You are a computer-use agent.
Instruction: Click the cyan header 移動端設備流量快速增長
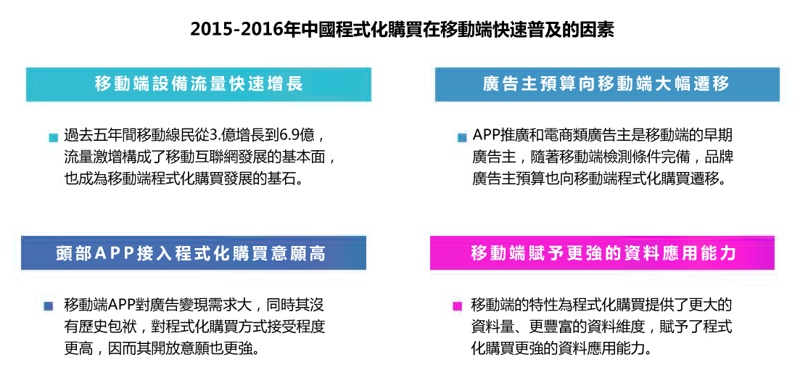(x=199, y=84)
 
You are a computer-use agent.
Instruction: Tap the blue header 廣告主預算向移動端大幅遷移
(x=607, y=84)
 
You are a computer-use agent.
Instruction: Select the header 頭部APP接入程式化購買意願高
(x=194, y=253)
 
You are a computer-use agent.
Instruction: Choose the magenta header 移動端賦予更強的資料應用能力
(x=603, y=253)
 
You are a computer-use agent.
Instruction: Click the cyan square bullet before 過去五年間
(x=53, y=138)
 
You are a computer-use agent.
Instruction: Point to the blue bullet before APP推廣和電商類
(x=462, y=138)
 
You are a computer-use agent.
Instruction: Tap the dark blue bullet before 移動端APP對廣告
(x=49, y=306)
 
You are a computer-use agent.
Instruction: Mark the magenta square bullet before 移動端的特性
(x=456, y=306)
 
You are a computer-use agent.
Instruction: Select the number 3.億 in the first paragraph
(x=223, y=136)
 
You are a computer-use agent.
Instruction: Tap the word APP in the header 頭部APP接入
(x=115, y=253)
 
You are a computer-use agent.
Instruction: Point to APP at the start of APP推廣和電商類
(x=486, y=136)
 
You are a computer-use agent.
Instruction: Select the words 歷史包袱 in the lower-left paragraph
(x=107, y=327)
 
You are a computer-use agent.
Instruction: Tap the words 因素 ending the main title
(x=599, y=30)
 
